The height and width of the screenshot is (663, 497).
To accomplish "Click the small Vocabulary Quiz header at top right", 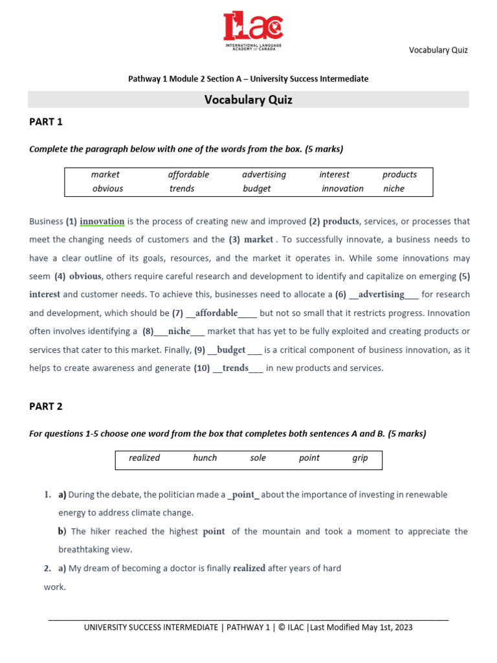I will [437, 50].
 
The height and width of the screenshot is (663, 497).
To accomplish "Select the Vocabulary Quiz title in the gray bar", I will [248, 100].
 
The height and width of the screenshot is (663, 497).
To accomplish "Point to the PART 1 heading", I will [46, 122].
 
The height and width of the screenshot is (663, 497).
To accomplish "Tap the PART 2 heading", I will [46, 407].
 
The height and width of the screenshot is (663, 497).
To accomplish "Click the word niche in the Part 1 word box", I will [393, 188].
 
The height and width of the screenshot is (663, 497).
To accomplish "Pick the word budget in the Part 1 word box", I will [257, 188].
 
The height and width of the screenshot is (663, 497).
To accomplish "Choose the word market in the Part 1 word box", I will [105, 174].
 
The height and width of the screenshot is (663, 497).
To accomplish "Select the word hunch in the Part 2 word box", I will [204, 458].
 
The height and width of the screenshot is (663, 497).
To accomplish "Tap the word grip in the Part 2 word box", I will [360, 458].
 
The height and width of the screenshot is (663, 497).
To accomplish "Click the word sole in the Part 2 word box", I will [258, 458].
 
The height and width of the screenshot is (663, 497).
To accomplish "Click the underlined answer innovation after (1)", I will [102, 221].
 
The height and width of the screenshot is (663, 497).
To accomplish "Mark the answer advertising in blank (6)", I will [381, 295].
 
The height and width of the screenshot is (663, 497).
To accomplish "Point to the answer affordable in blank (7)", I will [216, 313].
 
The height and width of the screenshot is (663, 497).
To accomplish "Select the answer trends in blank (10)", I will [236, 368].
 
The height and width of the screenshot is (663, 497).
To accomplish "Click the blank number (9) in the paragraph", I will [199, 350].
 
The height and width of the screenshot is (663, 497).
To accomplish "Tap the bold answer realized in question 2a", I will [249, 568].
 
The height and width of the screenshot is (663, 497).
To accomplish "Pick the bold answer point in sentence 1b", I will [214, 532].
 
